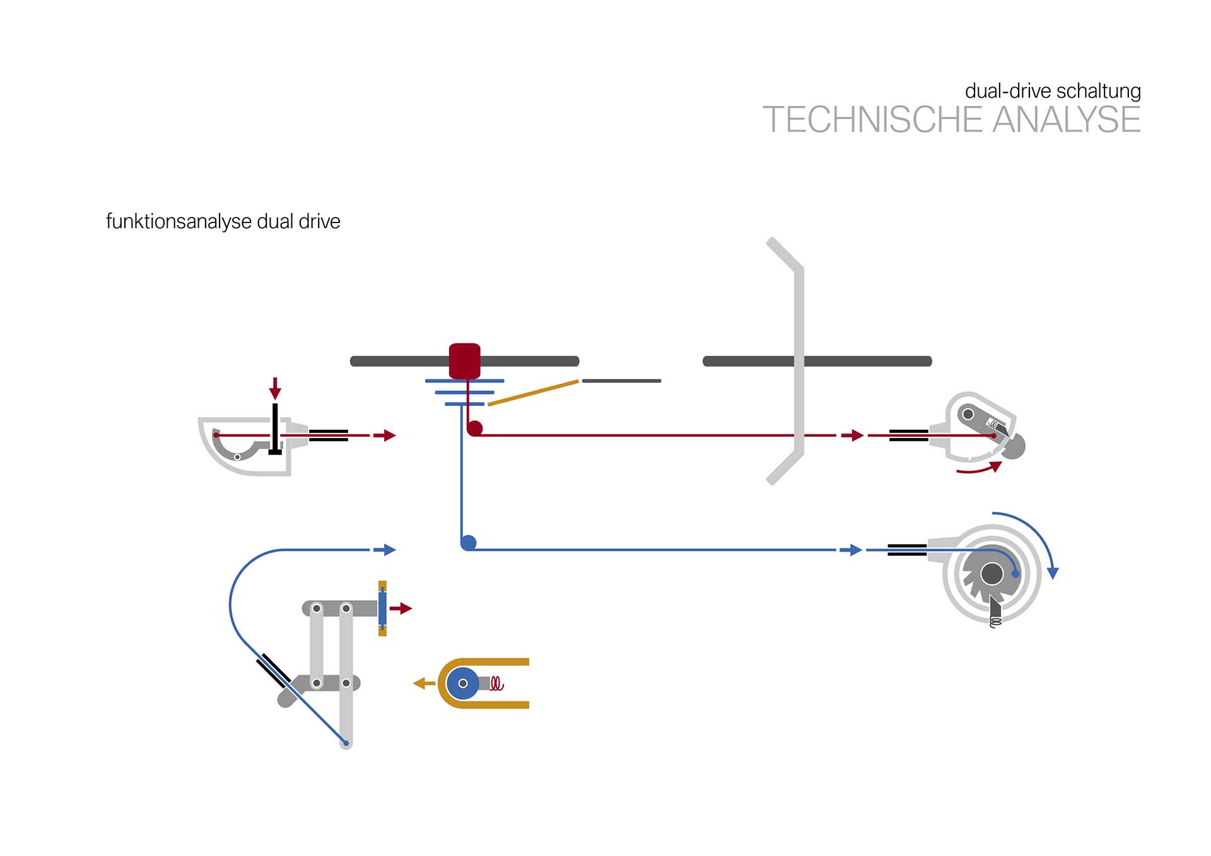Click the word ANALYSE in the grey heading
point(1066,120)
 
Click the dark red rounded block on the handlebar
point(465,361)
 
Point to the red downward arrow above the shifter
point(275,388)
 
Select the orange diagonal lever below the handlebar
point(533,393)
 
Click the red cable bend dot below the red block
point(475,429)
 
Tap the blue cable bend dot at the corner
point(469,543)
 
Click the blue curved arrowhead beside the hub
point(1052,572)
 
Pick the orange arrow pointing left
point(423,683)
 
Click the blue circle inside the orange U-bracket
point(463,683)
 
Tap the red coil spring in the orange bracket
point(497,684)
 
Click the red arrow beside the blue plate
point(401,608)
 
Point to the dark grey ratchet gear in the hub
point(992,574)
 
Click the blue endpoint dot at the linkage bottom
point(346,743)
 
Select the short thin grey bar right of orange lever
point(621,381)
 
